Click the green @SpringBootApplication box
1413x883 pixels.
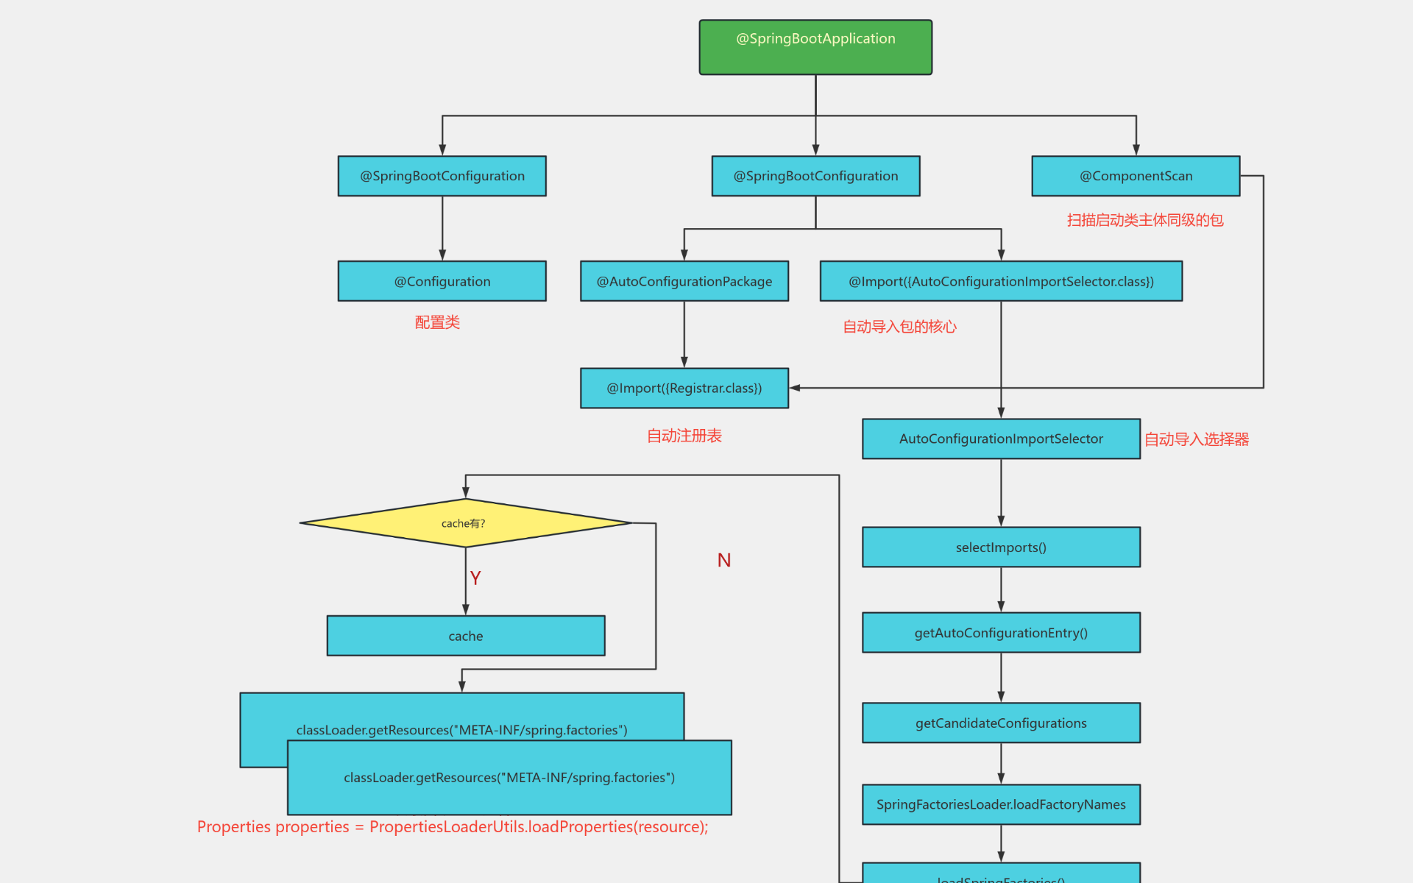point(815,47)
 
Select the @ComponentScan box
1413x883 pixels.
point(1135,176)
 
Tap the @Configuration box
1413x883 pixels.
point(442,281)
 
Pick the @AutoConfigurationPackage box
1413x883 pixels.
point(684,281)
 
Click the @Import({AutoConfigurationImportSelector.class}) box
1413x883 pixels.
point(1001,281)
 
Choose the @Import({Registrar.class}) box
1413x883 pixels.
point(684,388)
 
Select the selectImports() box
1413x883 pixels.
point(1001,547)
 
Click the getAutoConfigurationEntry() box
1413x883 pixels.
point(1001,633)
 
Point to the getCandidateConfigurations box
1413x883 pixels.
point(1001,723)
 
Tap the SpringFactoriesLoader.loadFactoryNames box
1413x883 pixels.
point(1001,804)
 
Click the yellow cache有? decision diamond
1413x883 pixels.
point(465,523)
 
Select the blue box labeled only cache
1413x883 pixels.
point(465,636)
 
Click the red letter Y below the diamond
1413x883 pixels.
point(475,578)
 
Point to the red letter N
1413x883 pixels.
point(724,561)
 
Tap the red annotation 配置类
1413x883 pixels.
point(437,322)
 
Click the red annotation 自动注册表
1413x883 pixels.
point(684,436)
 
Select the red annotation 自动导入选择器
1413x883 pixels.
point(1197,439)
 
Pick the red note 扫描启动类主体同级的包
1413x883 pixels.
point(1145,220)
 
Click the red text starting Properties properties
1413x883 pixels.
point(452,827)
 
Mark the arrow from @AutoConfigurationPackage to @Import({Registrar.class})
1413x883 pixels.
point(684,335)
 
